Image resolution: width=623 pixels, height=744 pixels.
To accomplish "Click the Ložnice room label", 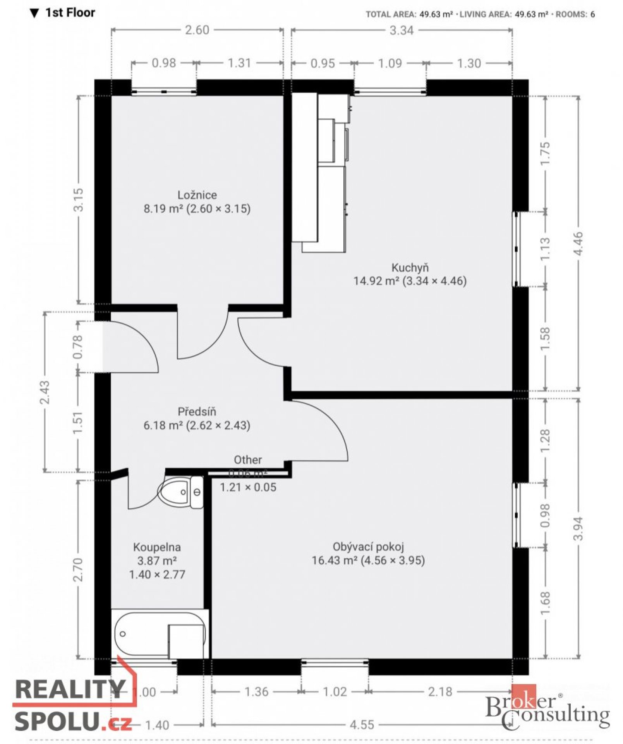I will point(197,195).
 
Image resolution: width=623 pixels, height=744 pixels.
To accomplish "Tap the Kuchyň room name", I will point(410,267).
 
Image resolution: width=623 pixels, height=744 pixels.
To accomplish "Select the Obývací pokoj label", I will point(368,547).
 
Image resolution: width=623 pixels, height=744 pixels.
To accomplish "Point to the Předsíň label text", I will point(197,412).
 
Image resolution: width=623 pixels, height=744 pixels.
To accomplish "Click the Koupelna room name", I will point(157,547).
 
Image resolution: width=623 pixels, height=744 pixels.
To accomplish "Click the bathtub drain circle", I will point(123,634).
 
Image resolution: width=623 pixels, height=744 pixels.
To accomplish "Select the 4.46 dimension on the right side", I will point(578,243).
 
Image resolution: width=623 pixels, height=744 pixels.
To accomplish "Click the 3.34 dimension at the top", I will point(401,31).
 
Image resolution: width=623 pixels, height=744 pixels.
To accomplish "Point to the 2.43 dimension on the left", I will point(45,392).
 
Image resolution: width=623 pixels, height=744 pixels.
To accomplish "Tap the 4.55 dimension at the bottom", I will point(362,725).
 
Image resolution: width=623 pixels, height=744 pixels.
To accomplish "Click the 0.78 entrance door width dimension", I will point(78,347).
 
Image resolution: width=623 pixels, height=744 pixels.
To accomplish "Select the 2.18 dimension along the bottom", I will point(440,692).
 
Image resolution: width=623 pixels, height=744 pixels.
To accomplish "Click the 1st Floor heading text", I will point(70,13).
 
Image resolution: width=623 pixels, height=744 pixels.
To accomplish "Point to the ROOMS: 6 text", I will point(575,15).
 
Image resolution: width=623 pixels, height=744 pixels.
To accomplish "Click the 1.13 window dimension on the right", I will point(545,248).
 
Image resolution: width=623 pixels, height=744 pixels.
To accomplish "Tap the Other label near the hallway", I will point(248,460).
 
